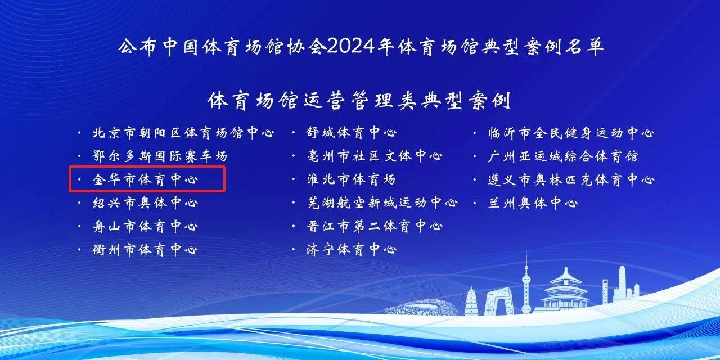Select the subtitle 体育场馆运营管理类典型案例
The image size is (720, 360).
359,101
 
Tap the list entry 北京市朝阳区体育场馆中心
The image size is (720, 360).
183,133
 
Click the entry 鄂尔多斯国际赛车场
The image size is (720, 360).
160,156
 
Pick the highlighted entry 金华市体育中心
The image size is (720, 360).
145,179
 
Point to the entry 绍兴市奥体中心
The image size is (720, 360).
145,203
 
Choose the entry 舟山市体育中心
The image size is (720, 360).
145,226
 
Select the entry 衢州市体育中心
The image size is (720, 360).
145,250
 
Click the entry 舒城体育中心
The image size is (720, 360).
352,132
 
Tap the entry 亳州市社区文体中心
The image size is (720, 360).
375,156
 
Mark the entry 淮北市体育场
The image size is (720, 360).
352,179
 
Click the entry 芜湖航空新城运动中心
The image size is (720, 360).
382,202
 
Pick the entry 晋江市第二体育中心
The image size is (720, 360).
375,226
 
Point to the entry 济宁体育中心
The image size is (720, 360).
352,249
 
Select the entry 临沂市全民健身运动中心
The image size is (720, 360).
571,133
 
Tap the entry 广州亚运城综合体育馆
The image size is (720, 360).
563,156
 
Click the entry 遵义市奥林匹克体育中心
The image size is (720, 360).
571,179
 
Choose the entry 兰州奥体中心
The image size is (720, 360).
533,203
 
